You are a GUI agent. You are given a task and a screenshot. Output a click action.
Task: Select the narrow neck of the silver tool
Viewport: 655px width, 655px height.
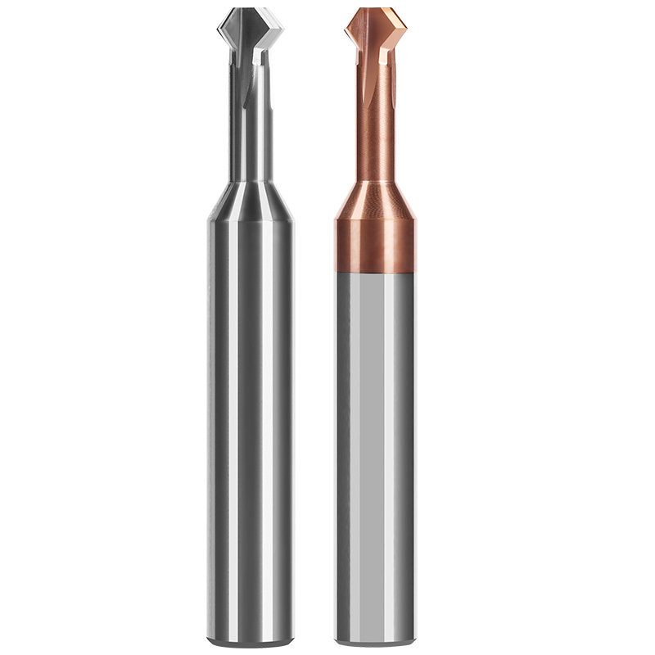[x=250, y=123]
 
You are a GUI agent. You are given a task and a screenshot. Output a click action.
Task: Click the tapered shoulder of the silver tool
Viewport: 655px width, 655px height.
[x=250, y=201]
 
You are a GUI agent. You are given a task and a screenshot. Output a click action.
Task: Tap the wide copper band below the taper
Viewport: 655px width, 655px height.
[x=375, y=246]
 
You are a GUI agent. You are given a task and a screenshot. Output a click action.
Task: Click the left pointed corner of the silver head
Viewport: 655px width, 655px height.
[x=219, y=33]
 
